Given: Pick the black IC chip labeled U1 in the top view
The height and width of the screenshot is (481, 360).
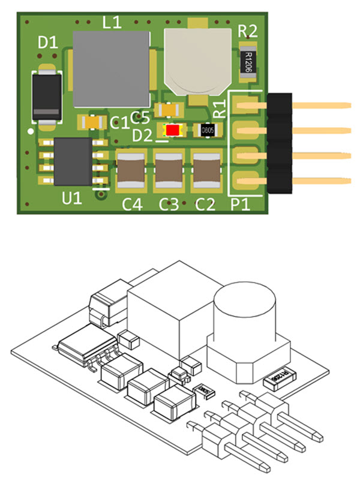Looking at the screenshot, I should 73,162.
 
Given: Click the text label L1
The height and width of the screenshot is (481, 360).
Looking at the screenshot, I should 112,23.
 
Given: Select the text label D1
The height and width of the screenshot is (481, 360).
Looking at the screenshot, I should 48,43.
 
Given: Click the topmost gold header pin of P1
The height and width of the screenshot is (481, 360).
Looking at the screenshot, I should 318,106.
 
